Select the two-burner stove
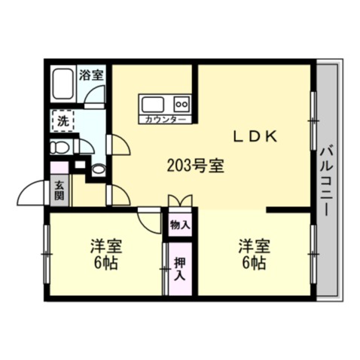182,104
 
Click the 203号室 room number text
194,165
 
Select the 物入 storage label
179,224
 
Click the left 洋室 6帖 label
106,255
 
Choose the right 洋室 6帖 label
254,255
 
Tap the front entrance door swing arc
34,193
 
